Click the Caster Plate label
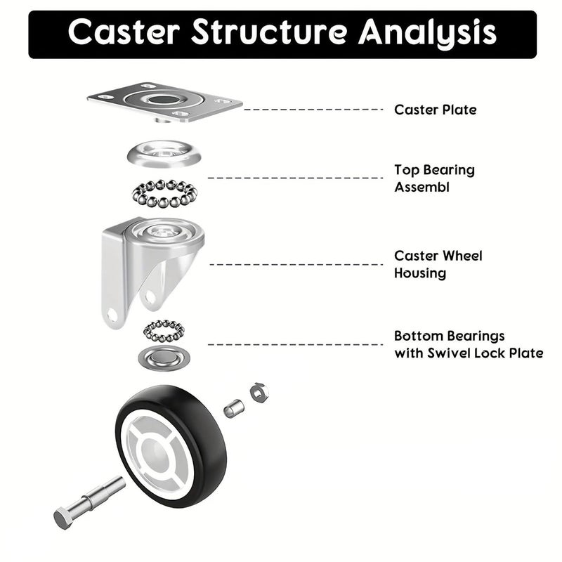(435, 110)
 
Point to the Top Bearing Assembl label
(434, 178)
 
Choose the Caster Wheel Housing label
(438, 264)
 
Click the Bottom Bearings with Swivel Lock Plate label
(468, 344)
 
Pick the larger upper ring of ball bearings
(164, 193)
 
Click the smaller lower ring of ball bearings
(164, 330)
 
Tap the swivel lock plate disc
(164, 358)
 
